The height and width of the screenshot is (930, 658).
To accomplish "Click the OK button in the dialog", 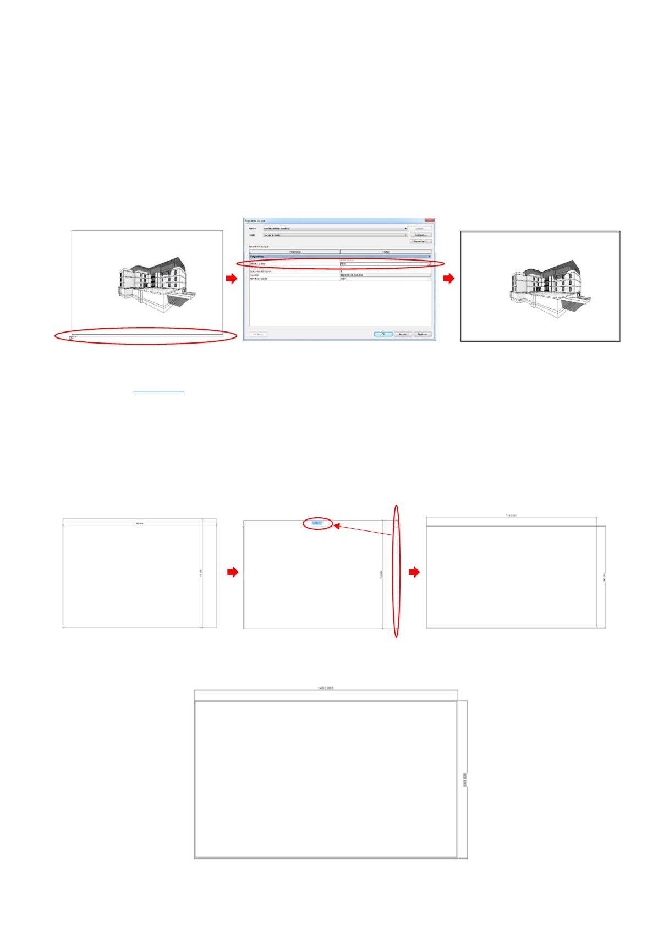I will pyautogui.click(x=382, y=334).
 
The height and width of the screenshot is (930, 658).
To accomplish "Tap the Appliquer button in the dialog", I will pyautogui.click(x=422, y=334).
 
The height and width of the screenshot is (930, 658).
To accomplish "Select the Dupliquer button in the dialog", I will pyautogui.click(x=420, y=235).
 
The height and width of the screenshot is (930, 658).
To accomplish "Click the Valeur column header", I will pyautogui.click(x=385, y=252).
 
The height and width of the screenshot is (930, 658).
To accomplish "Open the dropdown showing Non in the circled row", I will pyautogui.click(x=429, y=264).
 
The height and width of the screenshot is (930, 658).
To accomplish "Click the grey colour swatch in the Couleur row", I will pyautogui.click(x=342, y=275).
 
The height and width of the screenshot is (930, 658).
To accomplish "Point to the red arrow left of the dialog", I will pyautogui.click(x=232, y=279).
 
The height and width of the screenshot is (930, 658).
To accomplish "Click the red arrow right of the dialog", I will pyautogui.click(x=449, y=279).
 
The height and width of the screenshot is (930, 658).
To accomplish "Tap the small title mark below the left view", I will pyautogui.click(x=72, y=337).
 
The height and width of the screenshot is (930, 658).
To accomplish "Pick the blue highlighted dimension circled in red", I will pyautogui.click(x=317, y=523).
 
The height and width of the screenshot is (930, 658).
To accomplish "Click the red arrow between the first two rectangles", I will pyautogui.click(x=233, y=573).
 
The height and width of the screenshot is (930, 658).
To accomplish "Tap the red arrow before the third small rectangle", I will pyautogui.click(x=414, y=573).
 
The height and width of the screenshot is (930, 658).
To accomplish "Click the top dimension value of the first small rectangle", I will pyautogui.click(x=140, y=523).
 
